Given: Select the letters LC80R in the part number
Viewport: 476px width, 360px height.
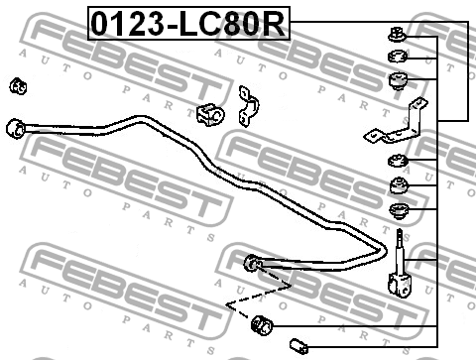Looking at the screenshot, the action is click(232, 24).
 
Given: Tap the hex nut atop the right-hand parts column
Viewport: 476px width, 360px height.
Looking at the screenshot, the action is click(397, 35).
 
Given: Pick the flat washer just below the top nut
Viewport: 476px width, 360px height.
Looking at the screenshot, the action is click(398, 57).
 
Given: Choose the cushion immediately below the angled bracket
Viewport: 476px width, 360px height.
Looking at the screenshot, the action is click(398, 161).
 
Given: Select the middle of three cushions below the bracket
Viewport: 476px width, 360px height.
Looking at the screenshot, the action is click(399, 185).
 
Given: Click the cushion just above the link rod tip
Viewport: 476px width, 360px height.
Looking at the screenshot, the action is click(399, 210).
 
